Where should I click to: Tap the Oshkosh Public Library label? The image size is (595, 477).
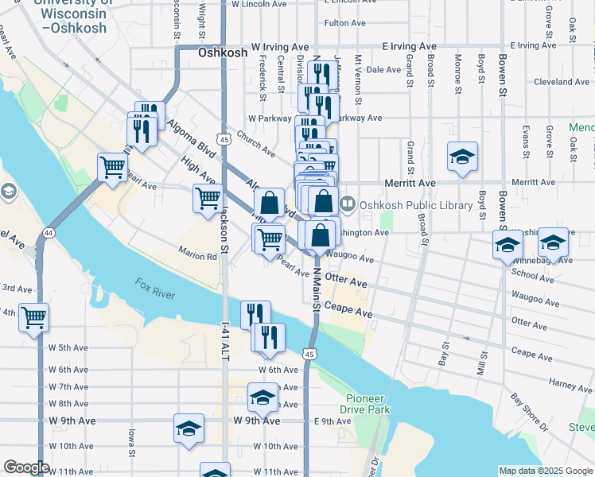tap(416, 205)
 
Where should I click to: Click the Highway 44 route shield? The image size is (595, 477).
tap(49, 232)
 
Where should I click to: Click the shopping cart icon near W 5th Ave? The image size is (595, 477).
tap(34, 318)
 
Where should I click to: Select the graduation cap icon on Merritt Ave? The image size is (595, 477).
tap(462, 157)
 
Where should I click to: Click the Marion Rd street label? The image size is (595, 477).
tap(197, 257)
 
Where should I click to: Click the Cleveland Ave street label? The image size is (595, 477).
tap(561, 82)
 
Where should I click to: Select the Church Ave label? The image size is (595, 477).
tap(255, 144)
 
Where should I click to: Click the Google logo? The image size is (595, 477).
tap(25, 467)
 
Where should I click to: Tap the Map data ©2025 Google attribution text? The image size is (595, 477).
tap(546, 471)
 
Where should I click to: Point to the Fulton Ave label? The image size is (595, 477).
tap(344, 23)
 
